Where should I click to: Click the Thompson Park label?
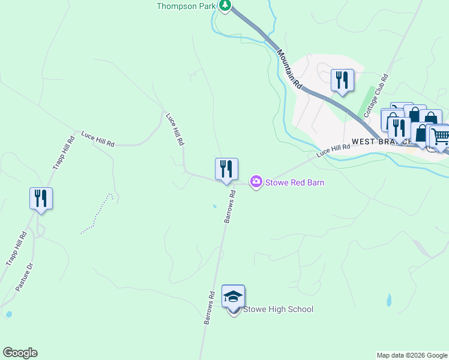pos(185,6)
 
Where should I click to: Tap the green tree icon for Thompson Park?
pos(225,5)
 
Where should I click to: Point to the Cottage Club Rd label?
pos(376,96)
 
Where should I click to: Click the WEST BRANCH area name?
pos(382,142)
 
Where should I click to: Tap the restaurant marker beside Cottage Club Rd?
pos(342,80)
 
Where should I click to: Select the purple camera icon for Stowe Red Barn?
pos(256,181)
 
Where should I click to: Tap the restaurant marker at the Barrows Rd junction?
pos(227,169)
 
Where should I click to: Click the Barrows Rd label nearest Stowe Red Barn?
pos(229,208)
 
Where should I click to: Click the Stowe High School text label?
pos(278,310)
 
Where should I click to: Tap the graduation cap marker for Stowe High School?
pos(233,297)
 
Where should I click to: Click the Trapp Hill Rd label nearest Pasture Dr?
pos(15,248)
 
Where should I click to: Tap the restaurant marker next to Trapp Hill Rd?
pos(41,199)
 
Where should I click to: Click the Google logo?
pos(20,353)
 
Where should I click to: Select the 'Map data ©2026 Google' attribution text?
pos(412,355)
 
